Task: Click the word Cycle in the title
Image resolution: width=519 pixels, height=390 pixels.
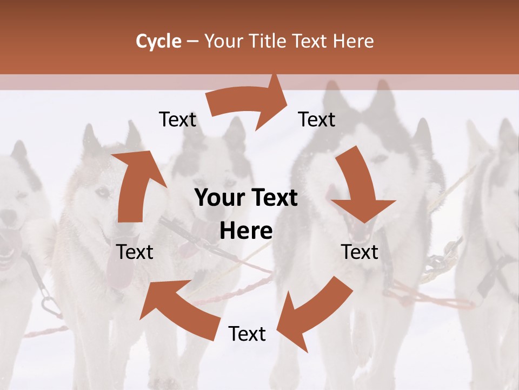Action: [158, 41]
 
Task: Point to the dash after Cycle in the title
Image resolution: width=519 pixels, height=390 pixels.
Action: [193, 42]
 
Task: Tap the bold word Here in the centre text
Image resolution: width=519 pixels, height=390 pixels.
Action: [246, 231]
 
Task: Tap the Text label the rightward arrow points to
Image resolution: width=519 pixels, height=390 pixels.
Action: [317, 119]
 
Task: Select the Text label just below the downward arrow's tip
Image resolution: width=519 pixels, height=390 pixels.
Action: [360, 252]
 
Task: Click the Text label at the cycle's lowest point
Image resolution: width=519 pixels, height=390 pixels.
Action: [247, 334]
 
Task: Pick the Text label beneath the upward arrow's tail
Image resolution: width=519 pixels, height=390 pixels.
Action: [135, 252]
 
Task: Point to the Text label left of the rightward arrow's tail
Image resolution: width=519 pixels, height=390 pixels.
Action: [178, 119]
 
